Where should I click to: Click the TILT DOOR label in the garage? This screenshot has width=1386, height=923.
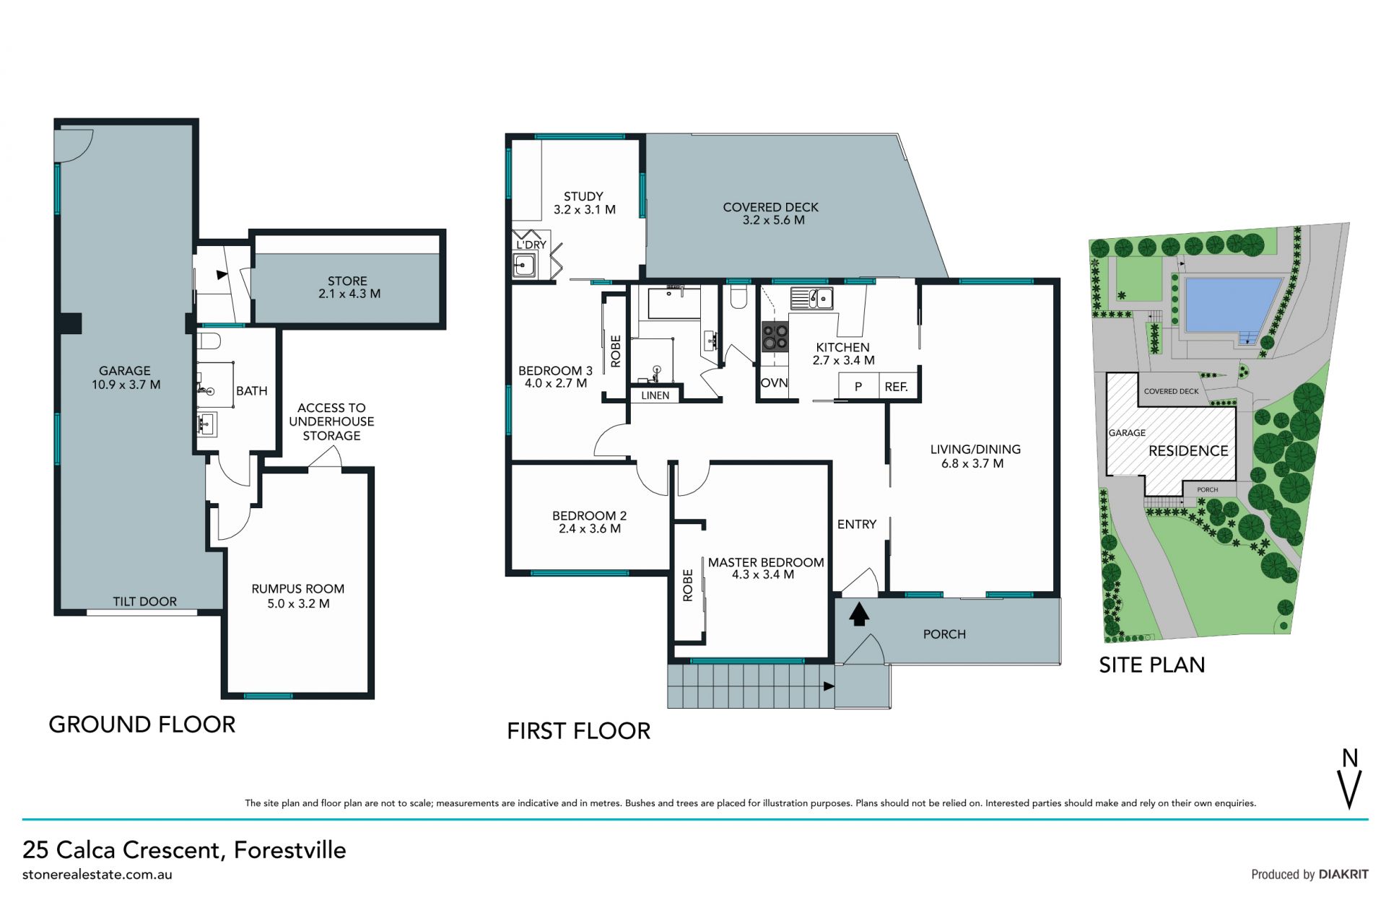pos(144,601)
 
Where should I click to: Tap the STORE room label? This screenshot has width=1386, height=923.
pos(347,281)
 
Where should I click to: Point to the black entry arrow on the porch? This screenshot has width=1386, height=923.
pos(858,615)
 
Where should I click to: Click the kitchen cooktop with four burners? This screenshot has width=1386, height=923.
pos(775,336)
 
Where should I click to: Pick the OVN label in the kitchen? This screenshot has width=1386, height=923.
pos(774,382)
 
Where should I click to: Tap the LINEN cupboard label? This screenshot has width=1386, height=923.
pos(655,395)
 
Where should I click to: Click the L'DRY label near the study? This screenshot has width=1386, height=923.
pos(531,245)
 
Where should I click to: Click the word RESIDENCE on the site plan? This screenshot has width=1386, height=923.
pos(1188,451)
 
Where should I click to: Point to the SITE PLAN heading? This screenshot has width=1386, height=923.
pos(1152,665)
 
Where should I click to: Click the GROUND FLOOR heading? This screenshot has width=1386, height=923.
pos(142,725)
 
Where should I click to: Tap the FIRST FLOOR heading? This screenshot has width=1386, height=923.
pos(578,731)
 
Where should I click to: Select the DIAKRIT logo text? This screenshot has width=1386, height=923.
pos(1343,874)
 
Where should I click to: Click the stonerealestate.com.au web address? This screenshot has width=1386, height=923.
pos(97,874)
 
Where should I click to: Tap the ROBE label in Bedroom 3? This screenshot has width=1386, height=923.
pos(615,351)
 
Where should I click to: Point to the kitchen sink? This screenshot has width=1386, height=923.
pos(812,297)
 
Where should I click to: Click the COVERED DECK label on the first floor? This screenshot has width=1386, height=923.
pos(770,207)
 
